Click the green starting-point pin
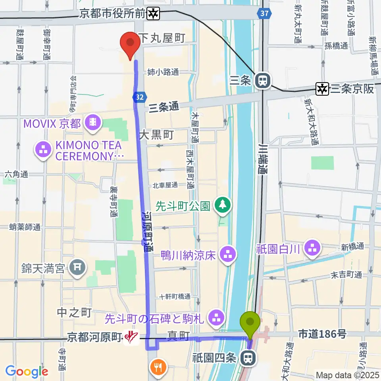point(250,323)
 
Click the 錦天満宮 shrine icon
point(77,269)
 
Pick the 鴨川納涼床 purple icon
point(228,254)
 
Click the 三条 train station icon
point(262,81)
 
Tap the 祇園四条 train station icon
point(248,358)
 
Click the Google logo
point(27,372)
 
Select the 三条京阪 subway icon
point(322,89)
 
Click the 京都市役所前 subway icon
point(153,14)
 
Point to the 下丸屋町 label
point(163,38)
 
